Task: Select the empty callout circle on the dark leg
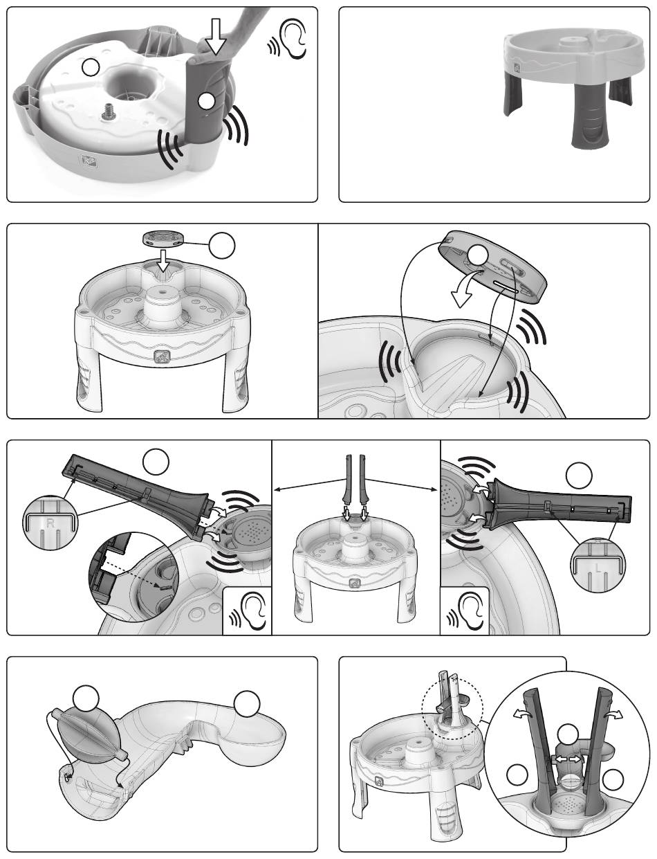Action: tap(206, 101)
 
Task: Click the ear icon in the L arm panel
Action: tap(465, 612)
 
